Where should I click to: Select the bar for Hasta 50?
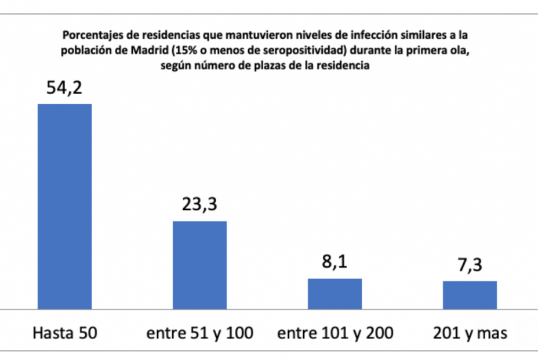coord(64,206)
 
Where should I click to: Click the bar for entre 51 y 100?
coord(199,264)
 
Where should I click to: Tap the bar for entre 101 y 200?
coord(335,293)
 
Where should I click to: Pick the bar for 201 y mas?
coord(470,294)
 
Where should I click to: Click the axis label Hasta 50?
coord(64,333)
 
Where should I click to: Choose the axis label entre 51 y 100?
coord(199,333)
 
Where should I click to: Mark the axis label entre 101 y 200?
coord(335,333)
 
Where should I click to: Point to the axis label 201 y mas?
coord(470,333)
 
